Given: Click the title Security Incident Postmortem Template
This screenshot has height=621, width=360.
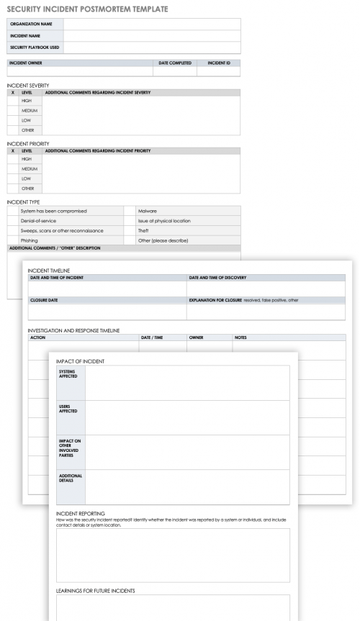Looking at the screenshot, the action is tap(87, 9).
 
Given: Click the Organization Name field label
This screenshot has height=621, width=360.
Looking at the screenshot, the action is tap(31, 24).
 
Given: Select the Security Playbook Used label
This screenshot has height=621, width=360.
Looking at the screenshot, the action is tap(35, 47).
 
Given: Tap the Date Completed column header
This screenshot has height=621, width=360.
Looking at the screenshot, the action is tap(175, 63).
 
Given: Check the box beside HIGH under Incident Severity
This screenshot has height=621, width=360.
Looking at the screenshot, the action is tap(13, 101).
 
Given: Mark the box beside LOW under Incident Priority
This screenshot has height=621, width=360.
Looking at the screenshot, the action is tap(13, 178).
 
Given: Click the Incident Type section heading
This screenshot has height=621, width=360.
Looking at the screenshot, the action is tap(23, 202).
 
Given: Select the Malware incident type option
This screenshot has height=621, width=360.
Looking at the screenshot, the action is tap(148, 211).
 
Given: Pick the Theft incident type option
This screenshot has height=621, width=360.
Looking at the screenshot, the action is tap(143, 230).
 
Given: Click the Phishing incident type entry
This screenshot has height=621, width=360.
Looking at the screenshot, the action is tap(30, 240).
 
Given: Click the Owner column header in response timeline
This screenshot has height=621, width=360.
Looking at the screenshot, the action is tap(196, 337).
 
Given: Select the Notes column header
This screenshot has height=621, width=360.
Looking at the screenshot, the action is tap(241, 337).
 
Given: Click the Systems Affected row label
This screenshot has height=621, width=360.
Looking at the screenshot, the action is tap(68, 373).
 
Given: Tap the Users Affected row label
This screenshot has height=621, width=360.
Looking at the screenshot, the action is tap(68, 408).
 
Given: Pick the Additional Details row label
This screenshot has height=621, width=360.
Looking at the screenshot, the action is tap(71, 478).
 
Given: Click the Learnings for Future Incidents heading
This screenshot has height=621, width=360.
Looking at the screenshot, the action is tap(95, 591).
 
